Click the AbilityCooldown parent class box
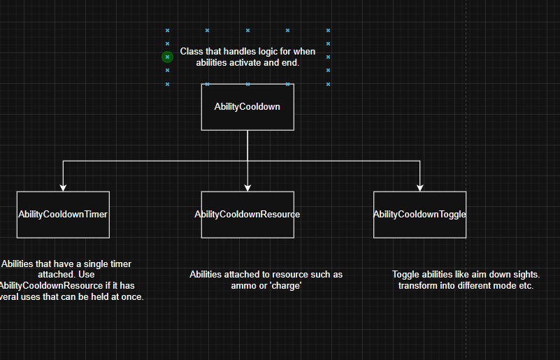pos(247,107)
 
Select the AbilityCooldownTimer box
pos(63,215)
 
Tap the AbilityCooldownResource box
pos(247,215)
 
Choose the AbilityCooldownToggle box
pos(419,215)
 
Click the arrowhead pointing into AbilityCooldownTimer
pos(63,187)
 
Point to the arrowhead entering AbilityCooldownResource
pos(247,187)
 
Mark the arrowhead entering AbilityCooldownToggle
pos(419,187)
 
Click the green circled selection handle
pos(167,57)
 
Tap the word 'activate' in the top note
pos(252,63)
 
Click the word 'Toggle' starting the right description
pos(406,275)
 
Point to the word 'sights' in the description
pos(526,275)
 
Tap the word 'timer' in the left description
pos(120,264)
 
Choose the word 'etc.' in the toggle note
pos(524,286)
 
